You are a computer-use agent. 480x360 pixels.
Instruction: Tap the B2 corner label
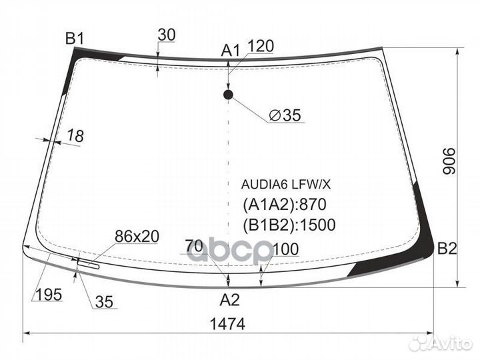coord(447,250)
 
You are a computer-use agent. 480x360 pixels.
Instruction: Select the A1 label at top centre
coord(231,49)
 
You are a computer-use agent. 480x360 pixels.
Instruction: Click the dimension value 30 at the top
coord(167,35)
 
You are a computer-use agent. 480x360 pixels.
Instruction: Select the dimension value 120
coord(260,47)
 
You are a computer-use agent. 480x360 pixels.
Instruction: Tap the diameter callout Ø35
coord(285,116)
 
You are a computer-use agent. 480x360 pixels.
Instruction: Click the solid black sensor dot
coord(229,95)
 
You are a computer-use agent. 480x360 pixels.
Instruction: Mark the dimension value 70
coord(193,245)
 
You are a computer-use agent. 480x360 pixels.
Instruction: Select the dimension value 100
coord(285,249)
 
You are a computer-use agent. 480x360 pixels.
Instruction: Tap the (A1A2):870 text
coord(284,204)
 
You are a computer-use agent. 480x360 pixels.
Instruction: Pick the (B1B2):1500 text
coord(288,224)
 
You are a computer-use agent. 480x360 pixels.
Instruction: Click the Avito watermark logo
coord(439,343)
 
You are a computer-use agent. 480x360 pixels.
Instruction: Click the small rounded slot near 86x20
coord(89,265)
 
